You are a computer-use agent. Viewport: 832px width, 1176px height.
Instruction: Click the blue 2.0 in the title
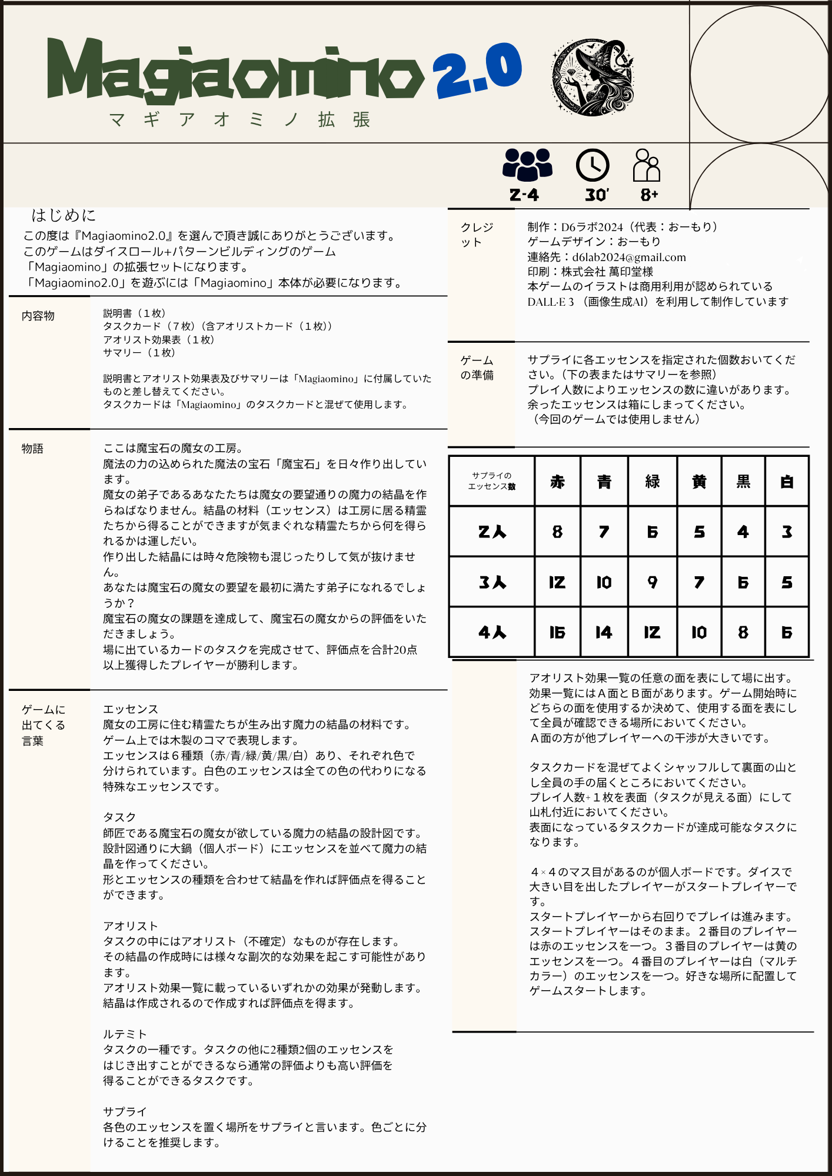tap(478, 71)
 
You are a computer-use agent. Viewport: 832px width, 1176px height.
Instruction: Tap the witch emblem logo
tap(592, 77)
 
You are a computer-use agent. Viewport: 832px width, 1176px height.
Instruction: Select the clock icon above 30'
tap(592, 165)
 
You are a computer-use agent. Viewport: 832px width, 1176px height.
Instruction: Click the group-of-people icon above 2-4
tap(527, 164)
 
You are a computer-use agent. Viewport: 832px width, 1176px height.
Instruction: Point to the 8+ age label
tap(649, 195)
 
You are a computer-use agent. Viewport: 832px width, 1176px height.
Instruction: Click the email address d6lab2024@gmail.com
tap(628, 257)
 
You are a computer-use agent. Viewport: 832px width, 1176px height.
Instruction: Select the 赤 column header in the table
tap(557, 482)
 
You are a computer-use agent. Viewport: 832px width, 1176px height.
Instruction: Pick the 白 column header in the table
tap(787, 482)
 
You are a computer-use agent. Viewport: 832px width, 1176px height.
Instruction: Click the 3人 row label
tap(492, 582)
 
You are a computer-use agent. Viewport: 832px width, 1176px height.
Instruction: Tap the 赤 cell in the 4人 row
tap(557, 632)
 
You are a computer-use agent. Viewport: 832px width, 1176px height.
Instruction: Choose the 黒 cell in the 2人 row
tap(743, 532)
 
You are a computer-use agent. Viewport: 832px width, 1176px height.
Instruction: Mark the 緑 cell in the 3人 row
tap(652, 582)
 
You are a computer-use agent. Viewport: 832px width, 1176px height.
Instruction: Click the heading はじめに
tap(64, 215)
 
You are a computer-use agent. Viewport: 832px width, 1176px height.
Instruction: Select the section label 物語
tap(32, 449)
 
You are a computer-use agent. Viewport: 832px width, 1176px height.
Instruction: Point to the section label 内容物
tap(38, 316)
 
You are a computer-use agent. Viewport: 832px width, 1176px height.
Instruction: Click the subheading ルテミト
tap(125, 1034)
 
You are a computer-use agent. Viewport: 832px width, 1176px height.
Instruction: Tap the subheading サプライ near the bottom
tap(125, 1111)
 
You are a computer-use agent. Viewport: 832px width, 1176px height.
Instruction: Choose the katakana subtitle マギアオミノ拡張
tap(240, 119)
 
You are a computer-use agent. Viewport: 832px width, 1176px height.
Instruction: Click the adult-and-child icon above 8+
tap(646, 165)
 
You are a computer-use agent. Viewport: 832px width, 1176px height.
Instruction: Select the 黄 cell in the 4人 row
tap(699, 632)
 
